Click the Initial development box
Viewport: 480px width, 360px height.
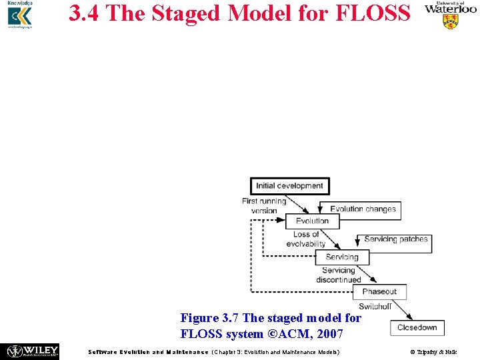coord(290,186)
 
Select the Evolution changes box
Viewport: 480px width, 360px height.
coord(361,209)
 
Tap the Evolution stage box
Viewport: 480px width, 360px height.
coord(312,221)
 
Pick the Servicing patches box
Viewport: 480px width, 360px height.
coord(395,239)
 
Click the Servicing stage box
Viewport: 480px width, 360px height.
coord(341,257)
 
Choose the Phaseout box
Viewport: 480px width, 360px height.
coord(379,291)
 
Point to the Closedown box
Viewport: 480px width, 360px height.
coord(417,327)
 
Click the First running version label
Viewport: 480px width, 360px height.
coord(264,205)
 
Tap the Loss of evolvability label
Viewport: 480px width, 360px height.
coord(306,239)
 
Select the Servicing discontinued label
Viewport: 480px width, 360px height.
coord(338,275)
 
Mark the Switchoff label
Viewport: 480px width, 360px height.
coord(375,307)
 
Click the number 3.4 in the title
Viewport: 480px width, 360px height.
coord(85,13)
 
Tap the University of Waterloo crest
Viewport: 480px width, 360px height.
coord(451,21)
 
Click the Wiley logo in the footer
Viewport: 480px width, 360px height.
coord(33,351)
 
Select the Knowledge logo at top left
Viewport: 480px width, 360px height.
coord(19,15)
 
